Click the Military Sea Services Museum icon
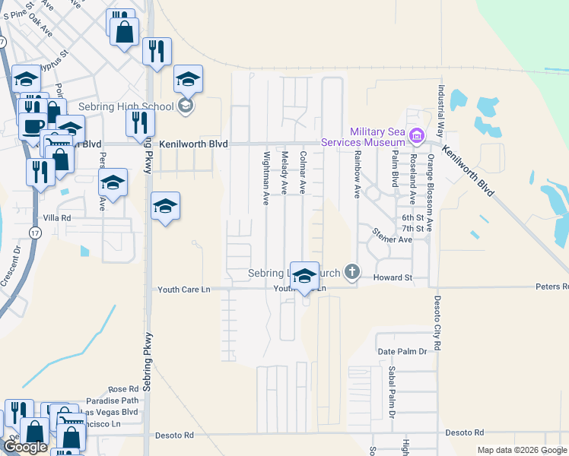tap(416, 137)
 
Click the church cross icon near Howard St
tap(351, 271)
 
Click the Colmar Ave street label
tap(303, 171)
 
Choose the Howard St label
tap(393, 277)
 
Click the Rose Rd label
tap(123, 388)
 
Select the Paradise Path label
tap(113, 401)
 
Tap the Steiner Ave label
tap(391, 239)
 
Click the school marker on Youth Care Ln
tap(304, 278)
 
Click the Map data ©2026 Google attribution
tap(522, 450)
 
